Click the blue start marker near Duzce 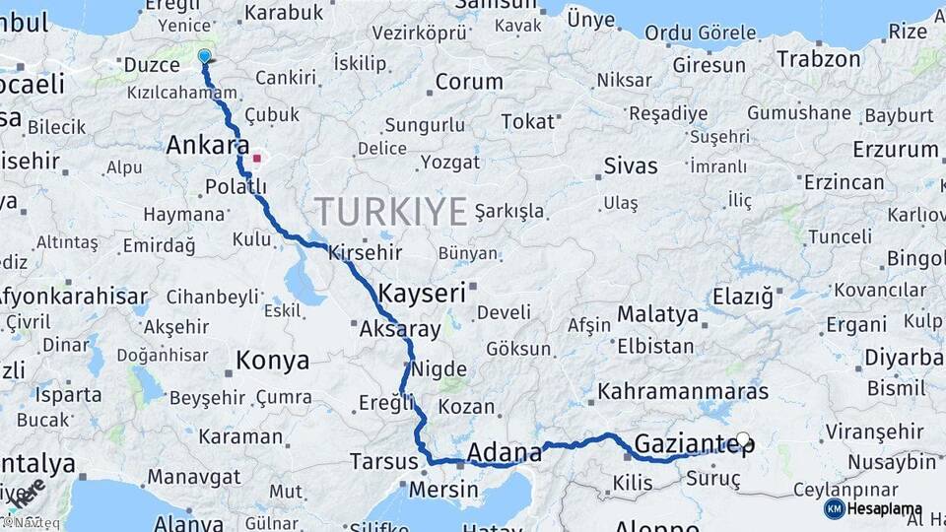tap(204, 56)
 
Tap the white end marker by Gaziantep tap(743, 439)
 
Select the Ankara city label tap(207, 146)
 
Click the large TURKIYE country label tap(391, 212)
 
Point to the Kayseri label tap(422, 293)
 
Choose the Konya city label tap(273, 361)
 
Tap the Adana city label tap(504, 452)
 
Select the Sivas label tap(631, 165)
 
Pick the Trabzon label tap(818, 59)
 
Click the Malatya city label tap(657, 315)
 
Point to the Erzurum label tap(896, 149)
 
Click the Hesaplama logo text tap(885, 509)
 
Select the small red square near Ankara tap(257, 158)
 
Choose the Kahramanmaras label tap(682, 391)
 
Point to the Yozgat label tap(449, 162)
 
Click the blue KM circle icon tap(834, 509)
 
